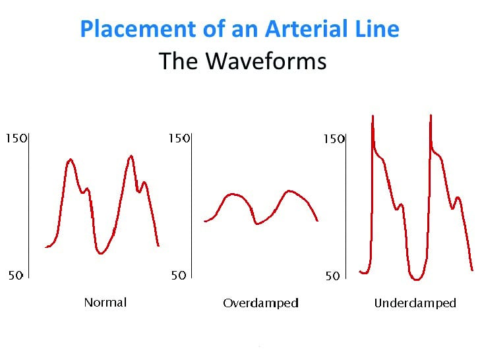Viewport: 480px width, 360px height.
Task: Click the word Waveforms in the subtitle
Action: (x=266, y=61)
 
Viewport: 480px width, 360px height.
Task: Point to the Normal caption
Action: (x=105, y=303)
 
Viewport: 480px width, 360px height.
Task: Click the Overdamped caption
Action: (x=260, y=303)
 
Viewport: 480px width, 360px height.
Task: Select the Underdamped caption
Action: (x=415, y=303)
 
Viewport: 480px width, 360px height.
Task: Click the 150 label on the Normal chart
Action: (x=16, y=138)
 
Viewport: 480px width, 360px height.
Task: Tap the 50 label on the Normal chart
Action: (x=16, y=275)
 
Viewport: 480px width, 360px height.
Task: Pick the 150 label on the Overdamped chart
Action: (x=179, y=138)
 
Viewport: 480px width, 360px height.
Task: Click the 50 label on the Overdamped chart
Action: (x=179, y=276)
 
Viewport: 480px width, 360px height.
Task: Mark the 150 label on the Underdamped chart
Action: (x=334, y=139)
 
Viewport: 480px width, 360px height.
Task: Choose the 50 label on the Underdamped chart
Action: (x=333, y=276)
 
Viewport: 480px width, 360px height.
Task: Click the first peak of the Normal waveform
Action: (x=71, y=160)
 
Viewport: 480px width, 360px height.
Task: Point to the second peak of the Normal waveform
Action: (x=131, y=156)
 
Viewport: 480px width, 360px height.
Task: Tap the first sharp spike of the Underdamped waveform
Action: (x=373, y=116)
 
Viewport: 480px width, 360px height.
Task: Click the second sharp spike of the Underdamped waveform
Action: (x=431, y=116)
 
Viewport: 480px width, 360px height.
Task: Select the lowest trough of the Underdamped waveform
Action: (x=416, y=279)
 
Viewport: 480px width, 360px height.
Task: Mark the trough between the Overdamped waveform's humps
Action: (x=257, y=224)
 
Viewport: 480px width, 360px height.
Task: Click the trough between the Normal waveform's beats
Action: (x=100, y=253)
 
